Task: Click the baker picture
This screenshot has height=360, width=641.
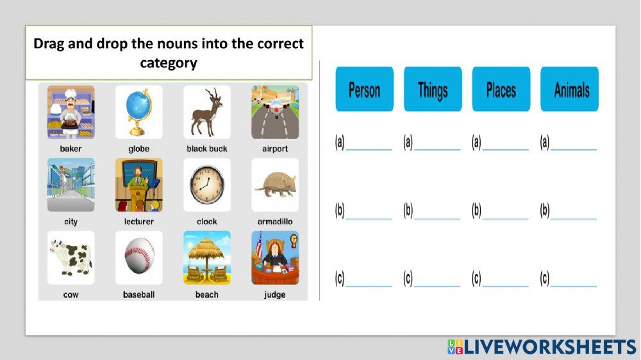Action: [71, 112]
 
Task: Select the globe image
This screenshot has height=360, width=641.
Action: [138, 112]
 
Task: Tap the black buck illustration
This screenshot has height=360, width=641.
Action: [206, 112]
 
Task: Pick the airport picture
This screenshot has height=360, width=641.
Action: [275, 112]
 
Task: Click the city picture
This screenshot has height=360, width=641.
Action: [71, 185]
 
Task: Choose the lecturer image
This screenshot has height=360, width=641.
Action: [138, 185]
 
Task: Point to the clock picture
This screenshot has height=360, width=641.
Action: [206, 185]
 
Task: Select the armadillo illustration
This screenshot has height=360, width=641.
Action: [275, 185]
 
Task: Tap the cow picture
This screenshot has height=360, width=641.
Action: [71, 258]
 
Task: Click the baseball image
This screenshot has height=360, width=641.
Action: [138, 258]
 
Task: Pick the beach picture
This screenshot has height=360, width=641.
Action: [206, 258]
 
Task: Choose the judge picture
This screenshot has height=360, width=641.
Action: [275, 258]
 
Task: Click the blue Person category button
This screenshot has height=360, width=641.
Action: [364, 89]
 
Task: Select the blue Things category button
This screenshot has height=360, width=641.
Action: [433, 89]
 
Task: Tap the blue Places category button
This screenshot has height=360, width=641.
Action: [501, 89]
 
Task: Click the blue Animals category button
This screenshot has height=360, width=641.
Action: [569, 89]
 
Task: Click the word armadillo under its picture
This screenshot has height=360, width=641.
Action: [275, 222]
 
